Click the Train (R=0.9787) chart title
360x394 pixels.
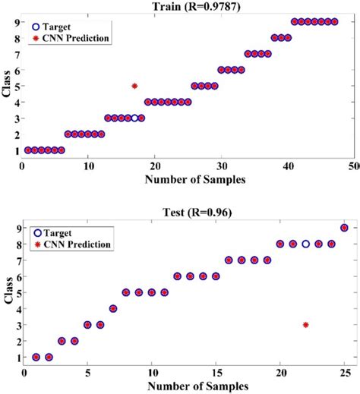187,7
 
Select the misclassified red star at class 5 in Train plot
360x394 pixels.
134,86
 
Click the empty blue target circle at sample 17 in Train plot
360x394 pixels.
134,118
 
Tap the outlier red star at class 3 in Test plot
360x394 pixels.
305,324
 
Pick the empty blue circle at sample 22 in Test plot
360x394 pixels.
305,244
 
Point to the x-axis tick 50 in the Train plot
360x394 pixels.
352,165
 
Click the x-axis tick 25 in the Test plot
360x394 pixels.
344,373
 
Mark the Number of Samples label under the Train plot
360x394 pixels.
187,179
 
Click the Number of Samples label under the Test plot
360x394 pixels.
187,386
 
